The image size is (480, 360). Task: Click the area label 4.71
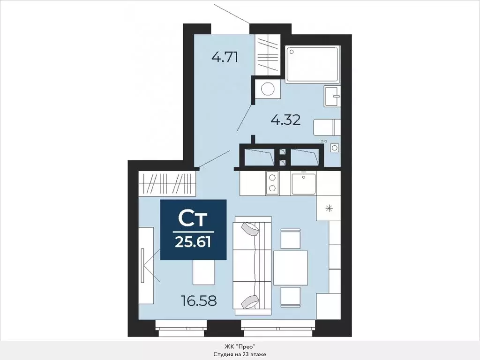[225, 58]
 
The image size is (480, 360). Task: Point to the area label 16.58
[199, 300]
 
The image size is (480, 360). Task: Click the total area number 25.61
[193, 242]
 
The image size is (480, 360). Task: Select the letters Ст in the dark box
[193, 218]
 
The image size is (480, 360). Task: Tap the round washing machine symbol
[268, 89]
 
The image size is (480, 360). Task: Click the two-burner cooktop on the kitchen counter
[272, 183]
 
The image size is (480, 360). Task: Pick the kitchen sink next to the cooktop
[303, 183]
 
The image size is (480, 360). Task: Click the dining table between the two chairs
[290, 268]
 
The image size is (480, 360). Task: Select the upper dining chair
[290, 239]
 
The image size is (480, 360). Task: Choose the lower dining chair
[290, 296]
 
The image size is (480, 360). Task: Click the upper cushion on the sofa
[250, 229]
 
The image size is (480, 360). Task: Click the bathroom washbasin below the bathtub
[332, 97]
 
